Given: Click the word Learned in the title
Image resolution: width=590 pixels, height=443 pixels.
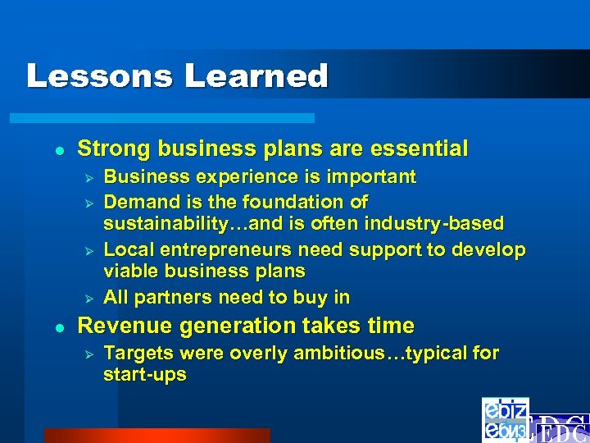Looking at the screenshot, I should [256, 76].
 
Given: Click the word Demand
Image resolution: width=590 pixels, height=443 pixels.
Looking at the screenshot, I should [135, 202].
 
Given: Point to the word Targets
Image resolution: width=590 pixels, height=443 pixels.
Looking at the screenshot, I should [137, 354].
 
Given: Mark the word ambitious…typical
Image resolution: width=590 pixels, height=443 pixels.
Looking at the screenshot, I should [385, 354].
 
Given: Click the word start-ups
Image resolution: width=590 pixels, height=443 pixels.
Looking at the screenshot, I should [145, 375].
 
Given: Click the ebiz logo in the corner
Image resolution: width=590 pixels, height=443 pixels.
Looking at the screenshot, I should [505, 419].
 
